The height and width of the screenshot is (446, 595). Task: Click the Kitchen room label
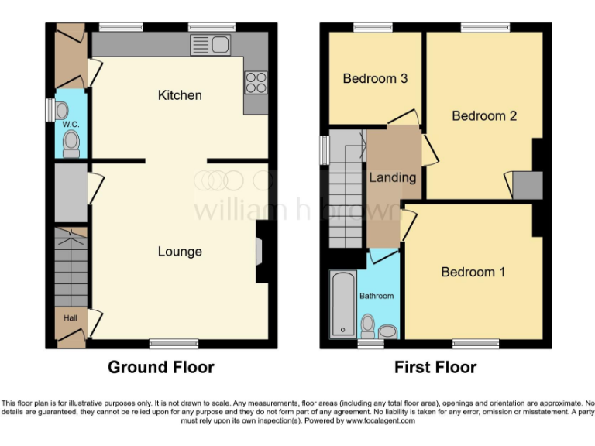(180, 95)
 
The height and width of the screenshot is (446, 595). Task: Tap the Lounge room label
(180, 251)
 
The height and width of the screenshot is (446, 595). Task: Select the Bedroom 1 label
(473, 272)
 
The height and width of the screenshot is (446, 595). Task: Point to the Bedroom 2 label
(484, 116)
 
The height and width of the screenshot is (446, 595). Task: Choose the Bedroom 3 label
(375, 78)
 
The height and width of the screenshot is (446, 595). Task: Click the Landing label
(392, 177)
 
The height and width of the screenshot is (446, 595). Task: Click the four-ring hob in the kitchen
(256, 81)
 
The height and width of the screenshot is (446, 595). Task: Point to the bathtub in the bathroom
(342, 304)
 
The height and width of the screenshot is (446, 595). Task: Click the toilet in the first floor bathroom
(369, 324)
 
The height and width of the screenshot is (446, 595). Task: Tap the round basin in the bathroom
(388, 331)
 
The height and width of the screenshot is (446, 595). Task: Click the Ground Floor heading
(160, 367)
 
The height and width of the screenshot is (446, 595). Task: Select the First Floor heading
(435, 367)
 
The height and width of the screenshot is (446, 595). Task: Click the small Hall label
(70, 317)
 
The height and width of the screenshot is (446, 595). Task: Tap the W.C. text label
(71, 124)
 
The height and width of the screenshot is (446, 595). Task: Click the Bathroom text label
(376, 296)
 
